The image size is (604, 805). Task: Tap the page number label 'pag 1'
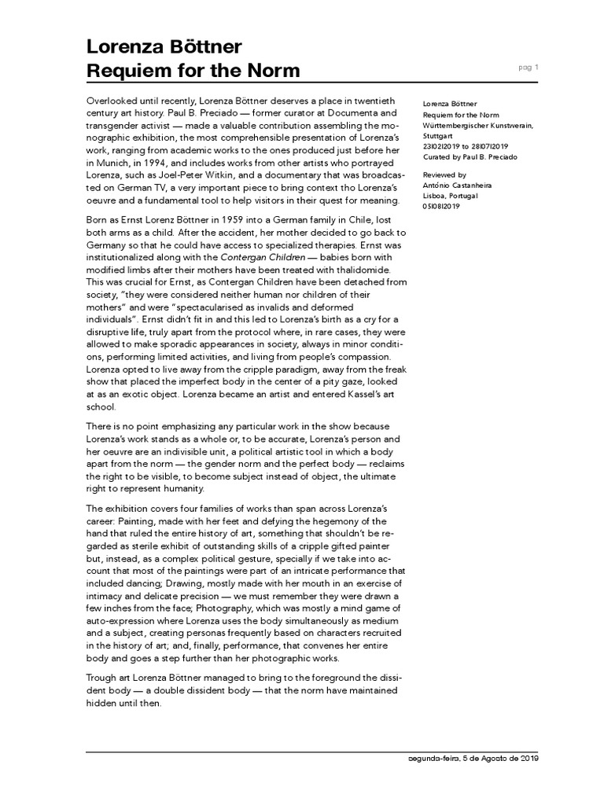click(528, 68)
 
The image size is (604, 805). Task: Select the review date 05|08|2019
click(441, 206)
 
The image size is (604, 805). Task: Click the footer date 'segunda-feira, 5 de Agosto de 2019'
click(470, 759)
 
